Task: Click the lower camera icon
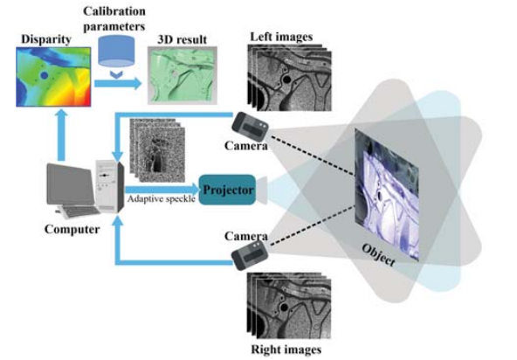[x=250, y=253]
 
